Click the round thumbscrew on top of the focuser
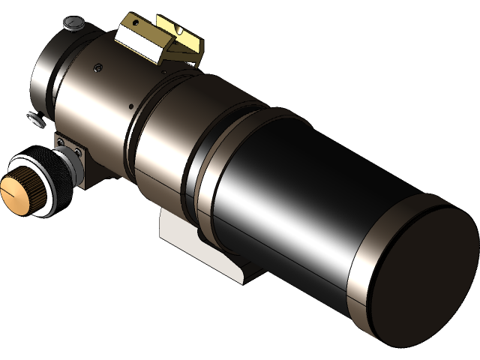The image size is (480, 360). tap(73, 25)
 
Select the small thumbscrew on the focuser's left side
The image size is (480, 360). tap(34, 118)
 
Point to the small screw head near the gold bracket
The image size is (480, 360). tap(98, 68)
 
